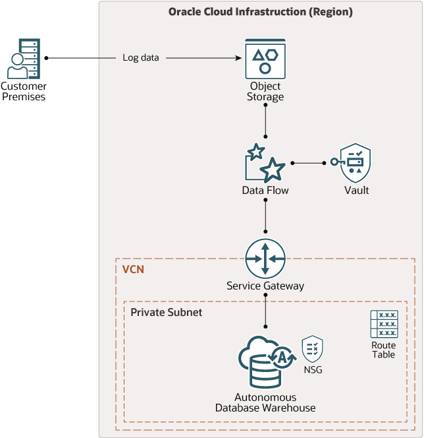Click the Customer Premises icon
(x=22, y=59)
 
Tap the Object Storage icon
(x=265, y=59)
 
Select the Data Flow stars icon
(x=265, y=163)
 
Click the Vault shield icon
(x=356, y=162)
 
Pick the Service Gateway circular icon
(x=265, y=258)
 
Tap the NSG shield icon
(x=312, y=348)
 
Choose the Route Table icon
(x=383, y=324)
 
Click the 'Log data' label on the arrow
(x=141, y=58)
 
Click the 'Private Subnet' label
(x=166, y=312)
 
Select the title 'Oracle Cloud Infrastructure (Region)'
(x=261, y=12)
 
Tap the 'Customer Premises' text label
(x=23, y=92)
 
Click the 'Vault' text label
(x=356, y=191)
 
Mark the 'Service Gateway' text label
(x=265, y=286)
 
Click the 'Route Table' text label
(x=383, y=350)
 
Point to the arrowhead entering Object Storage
(x=238, y=58)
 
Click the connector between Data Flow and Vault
(x=308, y=162)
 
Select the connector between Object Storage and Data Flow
(x=265, y=119)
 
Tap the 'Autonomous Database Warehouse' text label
(x=265, y=402)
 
